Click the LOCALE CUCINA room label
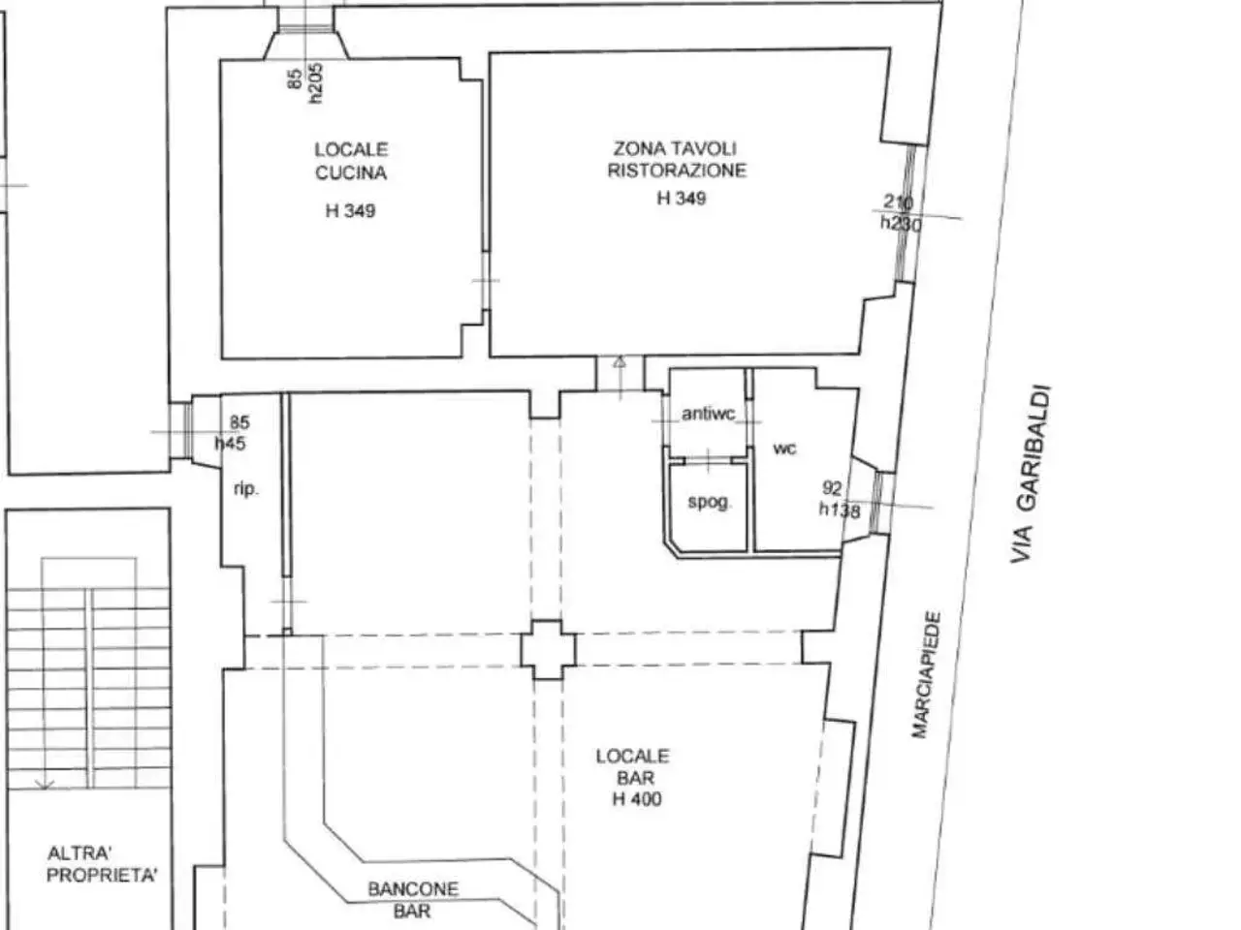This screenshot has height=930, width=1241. click(351, 161)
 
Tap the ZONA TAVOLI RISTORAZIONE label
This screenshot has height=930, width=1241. click(677, 159)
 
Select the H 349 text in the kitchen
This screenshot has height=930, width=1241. click(351, 211)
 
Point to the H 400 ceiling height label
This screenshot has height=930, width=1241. click(637, 799)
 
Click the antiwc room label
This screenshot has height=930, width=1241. click(709, 414)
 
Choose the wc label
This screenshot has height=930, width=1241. click(784, 449)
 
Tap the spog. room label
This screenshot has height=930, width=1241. click(710, 502)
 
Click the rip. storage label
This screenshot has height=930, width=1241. click(246, 489)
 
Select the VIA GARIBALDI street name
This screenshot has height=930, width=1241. click(1031, 474)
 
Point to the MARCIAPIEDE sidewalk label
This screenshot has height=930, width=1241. click(927, 674)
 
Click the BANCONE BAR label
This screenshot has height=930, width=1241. click(413, 900)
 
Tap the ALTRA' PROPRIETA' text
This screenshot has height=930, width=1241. click(102, 864)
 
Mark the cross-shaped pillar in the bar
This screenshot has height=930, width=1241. click(549, 650)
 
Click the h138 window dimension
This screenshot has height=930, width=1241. click(840, 510)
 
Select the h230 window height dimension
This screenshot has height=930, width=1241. click(901, 224)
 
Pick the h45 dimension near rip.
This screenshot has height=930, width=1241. click(231, 444)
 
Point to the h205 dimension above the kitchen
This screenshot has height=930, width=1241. click(315, 83)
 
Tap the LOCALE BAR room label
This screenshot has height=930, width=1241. click(633, 767)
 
